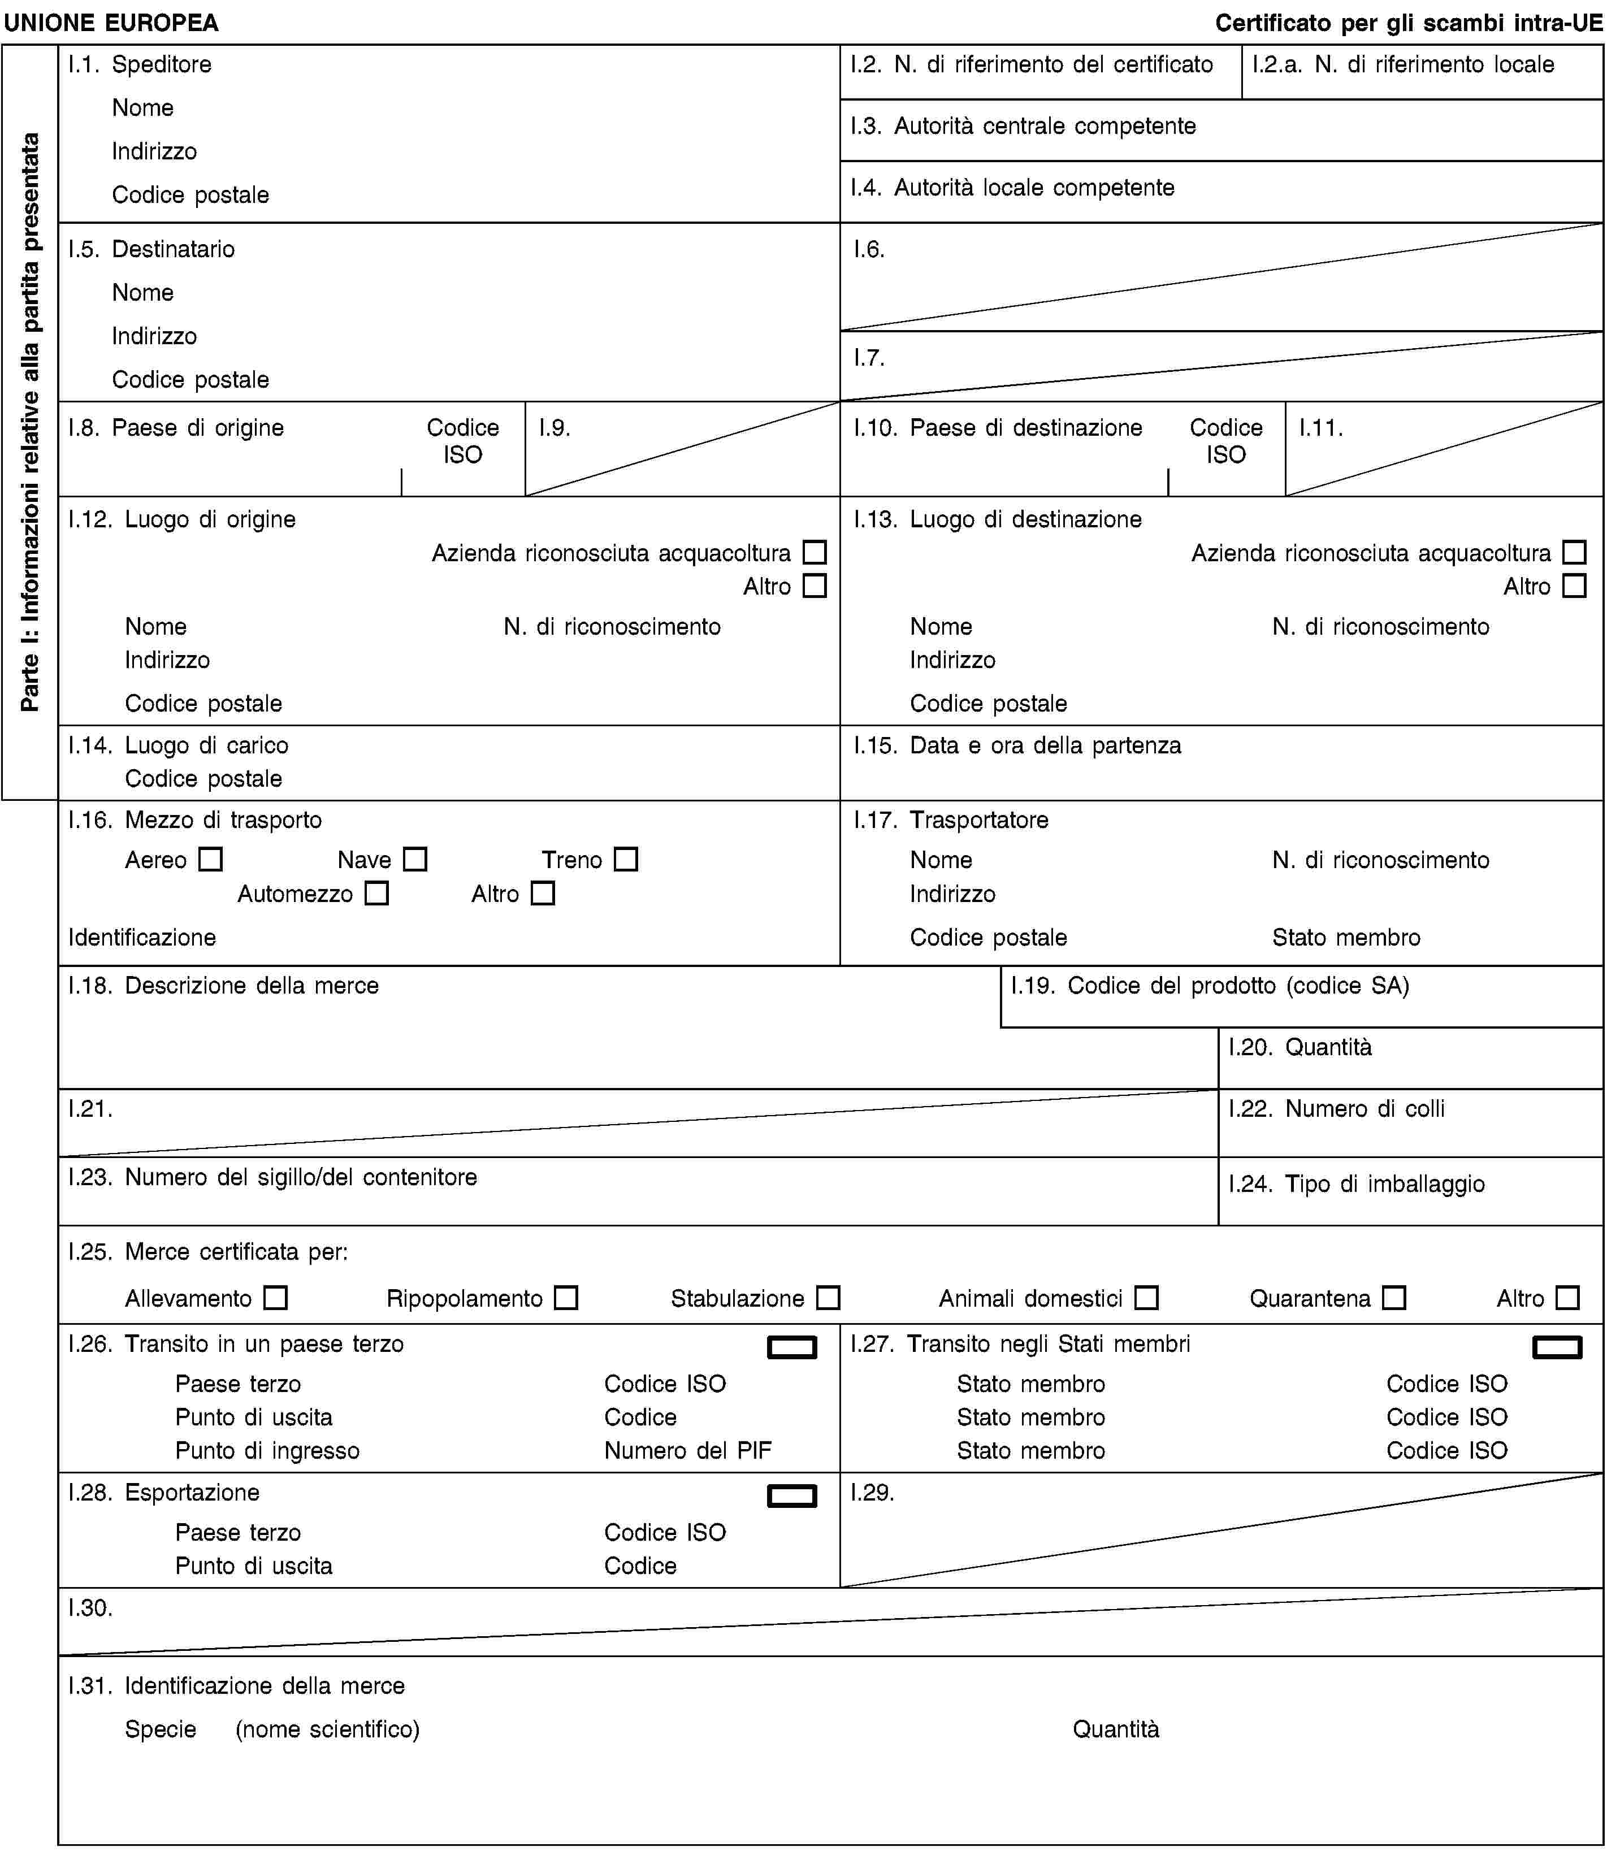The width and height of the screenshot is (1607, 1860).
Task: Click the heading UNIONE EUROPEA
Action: [111, 23]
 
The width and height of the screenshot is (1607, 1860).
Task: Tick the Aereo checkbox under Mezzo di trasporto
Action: [210, 859]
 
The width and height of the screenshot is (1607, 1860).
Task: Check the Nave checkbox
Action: [415, 859]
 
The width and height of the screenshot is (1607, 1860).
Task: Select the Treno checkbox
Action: [626, 859]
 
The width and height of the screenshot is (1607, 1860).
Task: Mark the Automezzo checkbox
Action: [377, 893]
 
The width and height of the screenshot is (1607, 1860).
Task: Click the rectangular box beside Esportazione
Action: [792, 1495]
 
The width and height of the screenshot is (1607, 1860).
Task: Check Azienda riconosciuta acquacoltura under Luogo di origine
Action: [815, 552]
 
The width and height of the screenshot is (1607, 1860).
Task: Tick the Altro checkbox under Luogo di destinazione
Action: [1574, 586]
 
